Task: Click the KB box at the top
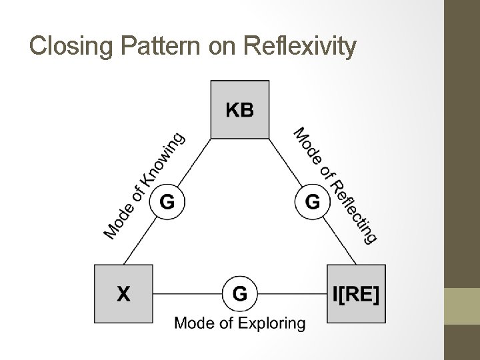tap(240, 109)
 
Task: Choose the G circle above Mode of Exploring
tap(240, 293)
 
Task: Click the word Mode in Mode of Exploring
tap(193, 324)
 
